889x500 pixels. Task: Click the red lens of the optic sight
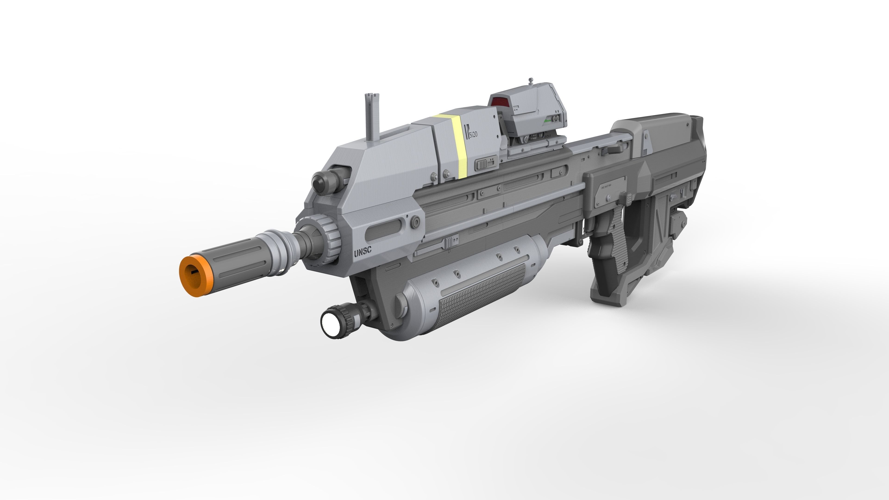coord(500,102)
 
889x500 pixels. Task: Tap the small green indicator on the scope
coord(547,121)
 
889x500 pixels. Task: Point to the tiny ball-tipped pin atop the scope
coord(531,80)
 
